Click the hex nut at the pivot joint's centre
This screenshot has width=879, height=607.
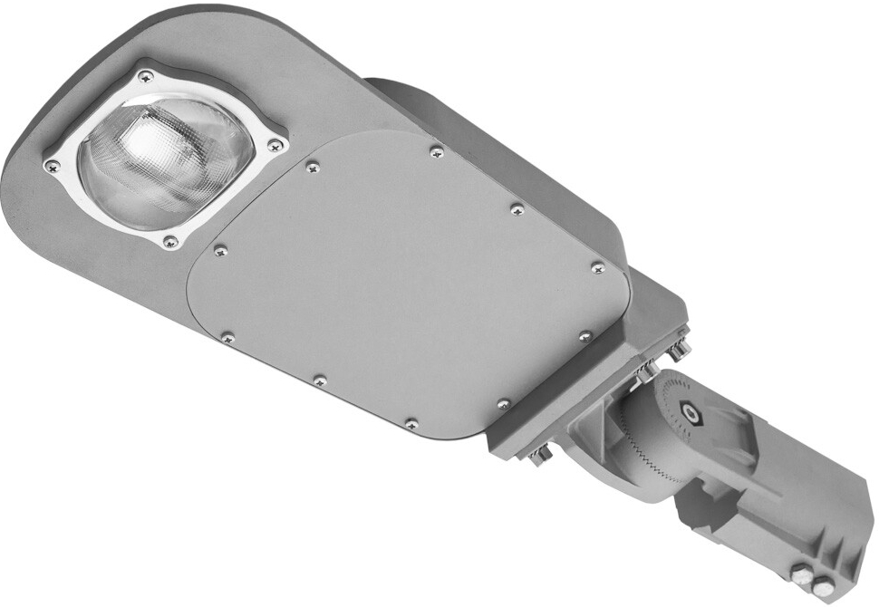[693, 414]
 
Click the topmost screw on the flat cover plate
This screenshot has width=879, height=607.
[436, 150]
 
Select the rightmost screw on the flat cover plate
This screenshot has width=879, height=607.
[597, 267]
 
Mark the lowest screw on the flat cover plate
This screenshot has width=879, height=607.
[411, 423]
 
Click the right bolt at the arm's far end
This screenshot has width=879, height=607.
[824, 582]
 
